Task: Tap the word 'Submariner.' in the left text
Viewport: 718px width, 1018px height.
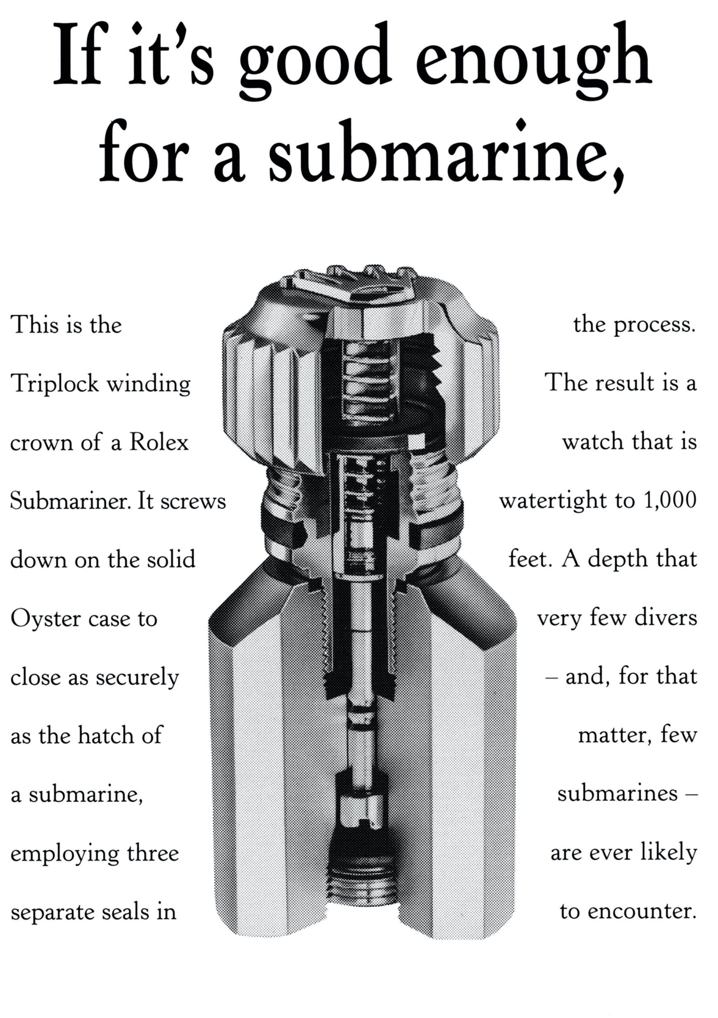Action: pyautogui.click(x=70, y=501)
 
